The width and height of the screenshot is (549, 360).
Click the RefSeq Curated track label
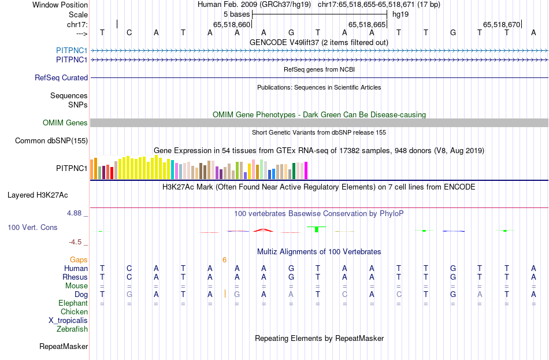tap(61, 77)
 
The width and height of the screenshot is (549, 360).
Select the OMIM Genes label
tap(65, 123)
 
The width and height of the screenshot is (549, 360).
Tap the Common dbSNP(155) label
tap(51, 140)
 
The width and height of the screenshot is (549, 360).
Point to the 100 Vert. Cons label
tap(32, 228)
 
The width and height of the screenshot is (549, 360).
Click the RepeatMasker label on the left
tap(64, 346)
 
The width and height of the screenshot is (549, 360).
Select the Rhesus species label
tap(75, 277)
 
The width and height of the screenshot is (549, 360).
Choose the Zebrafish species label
tap(72, 329)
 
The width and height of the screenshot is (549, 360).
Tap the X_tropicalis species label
tap(68, 320)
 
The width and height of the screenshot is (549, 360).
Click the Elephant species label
tap(73, 303)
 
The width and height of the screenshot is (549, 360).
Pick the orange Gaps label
tap(79, 260)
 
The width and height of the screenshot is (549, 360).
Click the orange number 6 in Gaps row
tap(224, 260)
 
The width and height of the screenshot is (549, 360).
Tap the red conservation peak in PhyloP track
tap(264, 230)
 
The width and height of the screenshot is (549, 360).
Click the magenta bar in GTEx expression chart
tap(306, 170)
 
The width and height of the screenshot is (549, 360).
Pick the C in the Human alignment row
tap(129, 268)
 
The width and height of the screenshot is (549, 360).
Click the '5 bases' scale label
tap(236, 14)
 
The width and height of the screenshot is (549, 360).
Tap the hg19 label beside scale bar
tap(400, 14)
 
